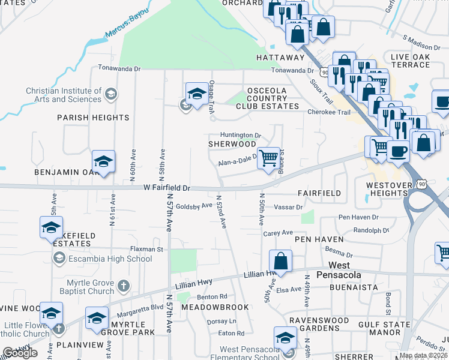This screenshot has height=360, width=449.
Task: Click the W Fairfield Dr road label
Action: (167, 188)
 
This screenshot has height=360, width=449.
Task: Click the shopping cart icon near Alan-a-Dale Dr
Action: (270, 158)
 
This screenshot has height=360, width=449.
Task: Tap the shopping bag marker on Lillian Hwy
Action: (280, 261)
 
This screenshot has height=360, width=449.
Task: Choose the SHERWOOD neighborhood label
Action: (232, 144)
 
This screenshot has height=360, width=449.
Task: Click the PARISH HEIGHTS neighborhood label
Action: (93, 118)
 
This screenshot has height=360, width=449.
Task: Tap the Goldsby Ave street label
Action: (194, 205)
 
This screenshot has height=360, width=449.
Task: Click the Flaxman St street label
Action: (146, 248)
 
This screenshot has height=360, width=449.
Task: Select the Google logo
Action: (20, 352)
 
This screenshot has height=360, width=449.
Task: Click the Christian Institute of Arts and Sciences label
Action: (64, 95)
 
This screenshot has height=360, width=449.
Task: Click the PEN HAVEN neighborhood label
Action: (319, 239)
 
